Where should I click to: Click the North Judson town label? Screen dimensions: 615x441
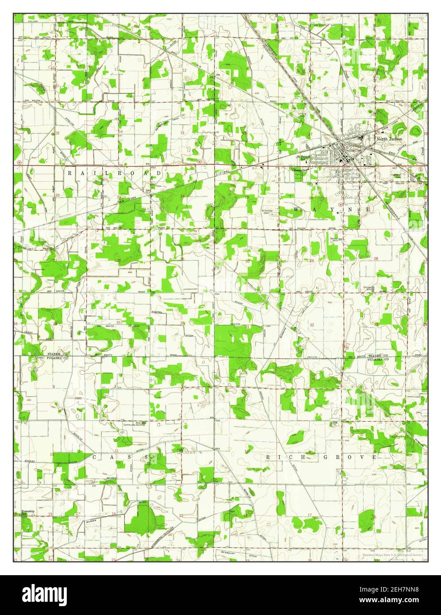pos(389,139)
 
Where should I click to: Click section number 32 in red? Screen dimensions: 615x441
pos(312,325)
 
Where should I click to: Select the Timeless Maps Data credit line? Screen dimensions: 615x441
pos(392,555)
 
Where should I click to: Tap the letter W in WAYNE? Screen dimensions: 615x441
pos(295,209)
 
